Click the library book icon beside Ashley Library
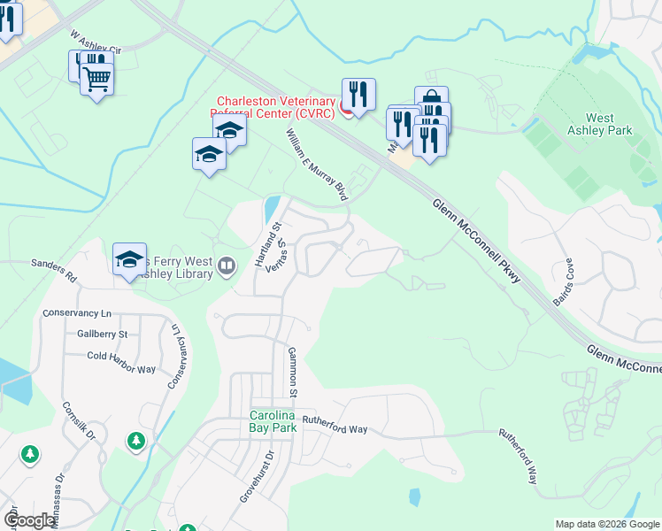[227, 265]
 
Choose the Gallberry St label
[103, 334]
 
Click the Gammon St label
[291, 372]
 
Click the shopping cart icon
[97, 80]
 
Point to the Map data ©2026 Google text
[606, 524]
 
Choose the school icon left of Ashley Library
[129, 259]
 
